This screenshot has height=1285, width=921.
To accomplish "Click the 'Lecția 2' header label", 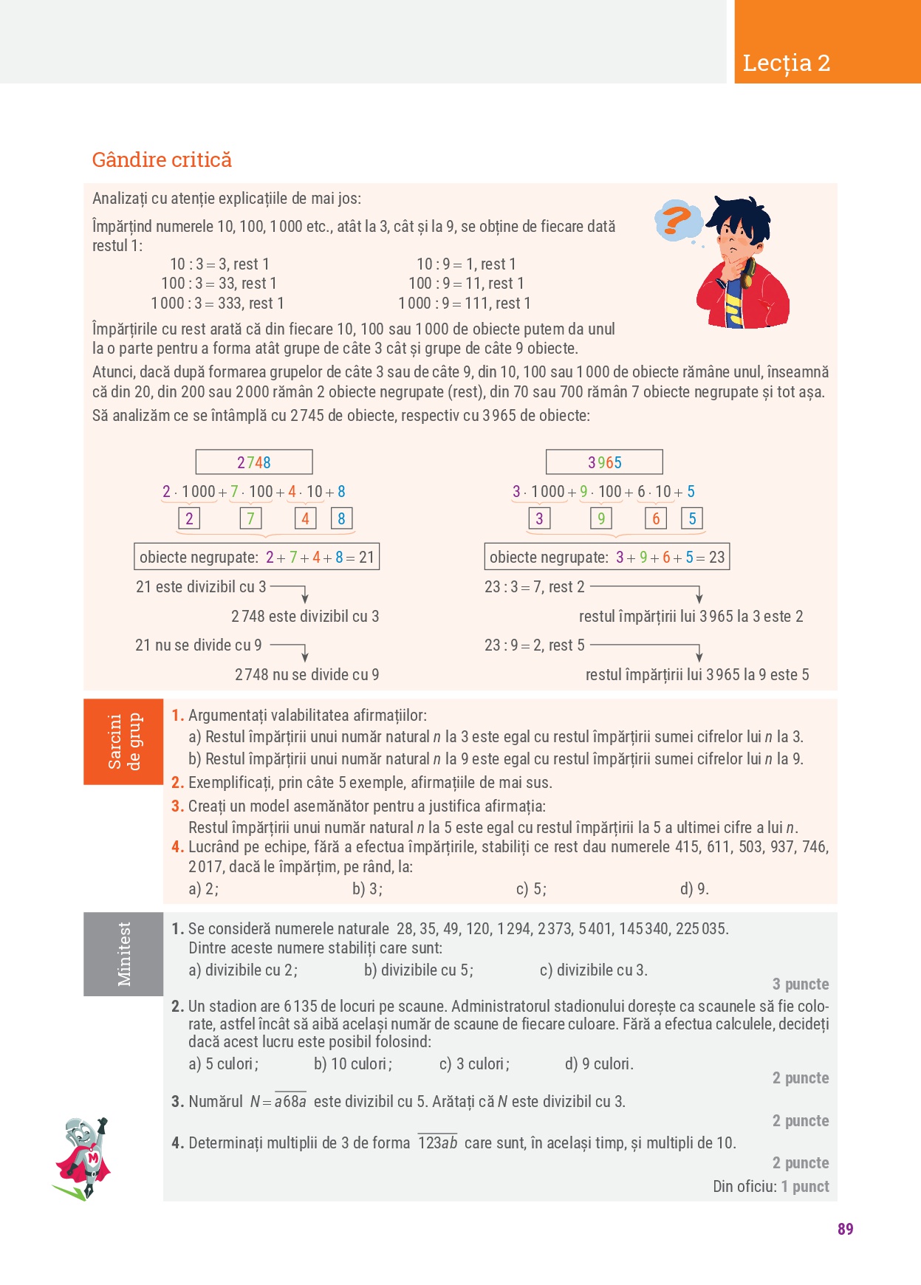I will coord(787,64).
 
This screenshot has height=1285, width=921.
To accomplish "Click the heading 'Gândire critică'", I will coord(162,160).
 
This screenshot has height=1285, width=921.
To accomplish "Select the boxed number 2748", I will coord(253,462).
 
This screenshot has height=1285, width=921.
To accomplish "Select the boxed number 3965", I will coord(604,462).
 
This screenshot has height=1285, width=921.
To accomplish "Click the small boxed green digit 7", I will coord(250,518).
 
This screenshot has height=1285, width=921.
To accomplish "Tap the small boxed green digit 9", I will coord(600,518).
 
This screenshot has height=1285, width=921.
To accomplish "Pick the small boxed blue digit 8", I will coord(341,518).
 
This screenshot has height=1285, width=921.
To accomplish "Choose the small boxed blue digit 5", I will coord(692,518).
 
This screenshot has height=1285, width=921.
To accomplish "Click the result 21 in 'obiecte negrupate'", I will coord(367,558).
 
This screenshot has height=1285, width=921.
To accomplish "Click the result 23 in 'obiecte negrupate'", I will coord(717,558).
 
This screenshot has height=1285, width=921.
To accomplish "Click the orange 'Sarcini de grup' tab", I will coord(123,741).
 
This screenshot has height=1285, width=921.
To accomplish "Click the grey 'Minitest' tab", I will coord(123,953).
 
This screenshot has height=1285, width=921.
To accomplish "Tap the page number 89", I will coord(846,1229).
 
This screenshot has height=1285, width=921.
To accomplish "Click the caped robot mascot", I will coord(83,1158).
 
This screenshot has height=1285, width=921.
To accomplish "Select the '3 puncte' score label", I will coord(801,984).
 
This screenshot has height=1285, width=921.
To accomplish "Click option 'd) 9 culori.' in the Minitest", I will coord(599,1064).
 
